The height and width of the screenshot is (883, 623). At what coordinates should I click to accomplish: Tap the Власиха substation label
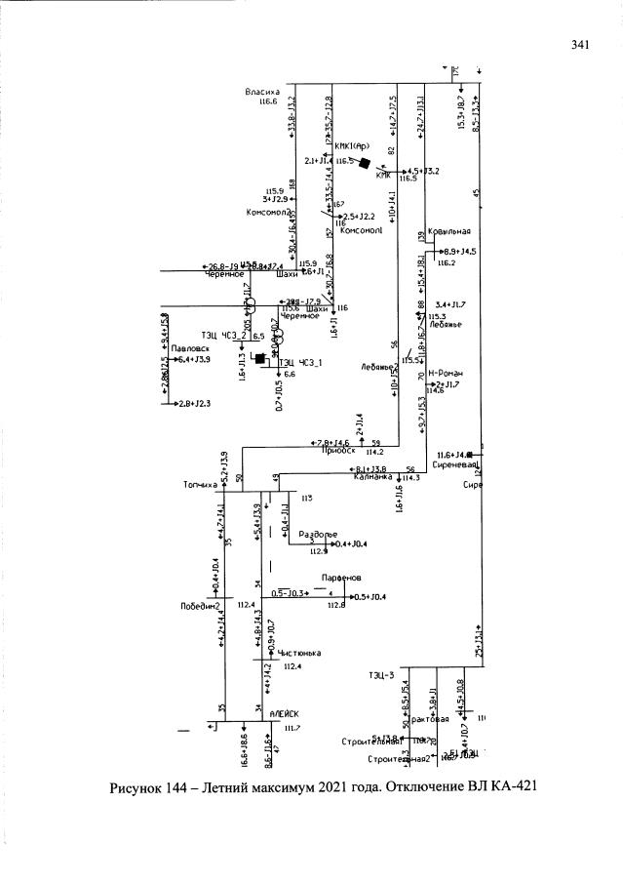[x=262, y=92]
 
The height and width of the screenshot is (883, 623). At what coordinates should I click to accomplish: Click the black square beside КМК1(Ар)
[x=365, y=163]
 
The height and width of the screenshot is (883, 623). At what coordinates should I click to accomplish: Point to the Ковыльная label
[x=449, y=231]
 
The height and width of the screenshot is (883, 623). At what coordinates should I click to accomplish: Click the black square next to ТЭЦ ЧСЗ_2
[x=259, y=358]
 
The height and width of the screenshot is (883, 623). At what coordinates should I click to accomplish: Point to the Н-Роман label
[x=450, y=374]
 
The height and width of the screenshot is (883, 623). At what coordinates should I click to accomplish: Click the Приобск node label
[x=336, y=452]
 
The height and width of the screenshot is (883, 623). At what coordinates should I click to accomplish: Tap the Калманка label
[x=372, y=478]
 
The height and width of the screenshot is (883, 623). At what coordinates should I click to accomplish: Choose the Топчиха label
[x=199, y=484]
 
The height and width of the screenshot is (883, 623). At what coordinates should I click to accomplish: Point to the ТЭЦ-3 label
[x=381, y=674]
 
